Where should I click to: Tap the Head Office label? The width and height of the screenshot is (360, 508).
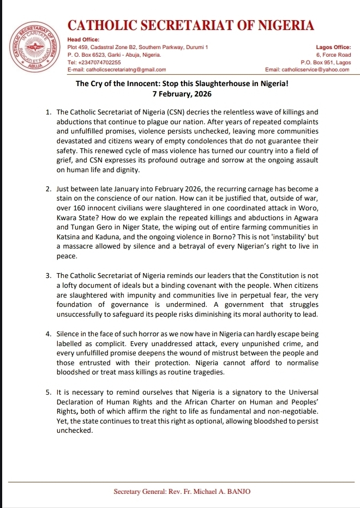(x=83, y=40)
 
